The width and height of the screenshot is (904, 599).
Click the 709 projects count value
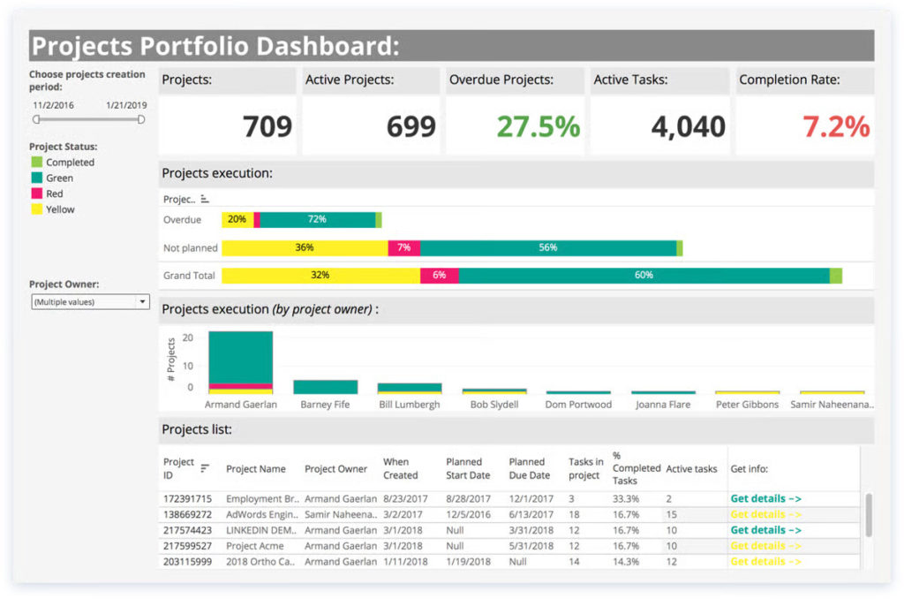click(x=267, y=126)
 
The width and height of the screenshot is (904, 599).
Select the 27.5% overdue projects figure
click(x=538, y=126)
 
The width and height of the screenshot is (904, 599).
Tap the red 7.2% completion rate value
click(x=836, y=126)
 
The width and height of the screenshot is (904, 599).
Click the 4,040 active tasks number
click(x=688, y=126)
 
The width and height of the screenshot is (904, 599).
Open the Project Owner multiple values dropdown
click(x=89, y=302)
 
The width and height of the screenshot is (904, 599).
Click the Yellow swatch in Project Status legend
click(x=36, y=209)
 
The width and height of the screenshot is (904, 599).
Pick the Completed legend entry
click(x=70, y=163)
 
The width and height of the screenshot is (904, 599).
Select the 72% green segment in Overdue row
click(x=317, y=219)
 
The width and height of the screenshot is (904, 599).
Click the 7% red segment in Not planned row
click(x=403, y=247)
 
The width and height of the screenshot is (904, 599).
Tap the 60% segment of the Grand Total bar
click(x=644, y=276)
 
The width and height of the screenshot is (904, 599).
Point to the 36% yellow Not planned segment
click(x=305, y=247)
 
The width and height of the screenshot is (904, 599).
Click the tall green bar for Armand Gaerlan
click(x=240, y=358)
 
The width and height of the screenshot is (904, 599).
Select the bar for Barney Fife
click(x=325, y=387)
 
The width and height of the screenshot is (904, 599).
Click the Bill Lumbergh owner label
click(x=410, y=405)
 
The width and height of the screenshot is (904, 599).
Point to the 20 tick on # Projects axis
click(x=187, y=337)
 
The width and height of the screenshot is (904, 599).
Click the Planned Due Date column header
click(x=527, y=467)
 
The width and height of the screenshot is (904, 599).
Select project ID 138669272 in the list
click(x=188, y=514)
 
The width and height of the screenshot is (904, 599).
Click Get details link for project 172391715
click(x=765, y=498)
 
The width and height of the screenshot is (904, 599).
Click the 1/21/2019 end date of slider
click(x=125, y=104)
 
